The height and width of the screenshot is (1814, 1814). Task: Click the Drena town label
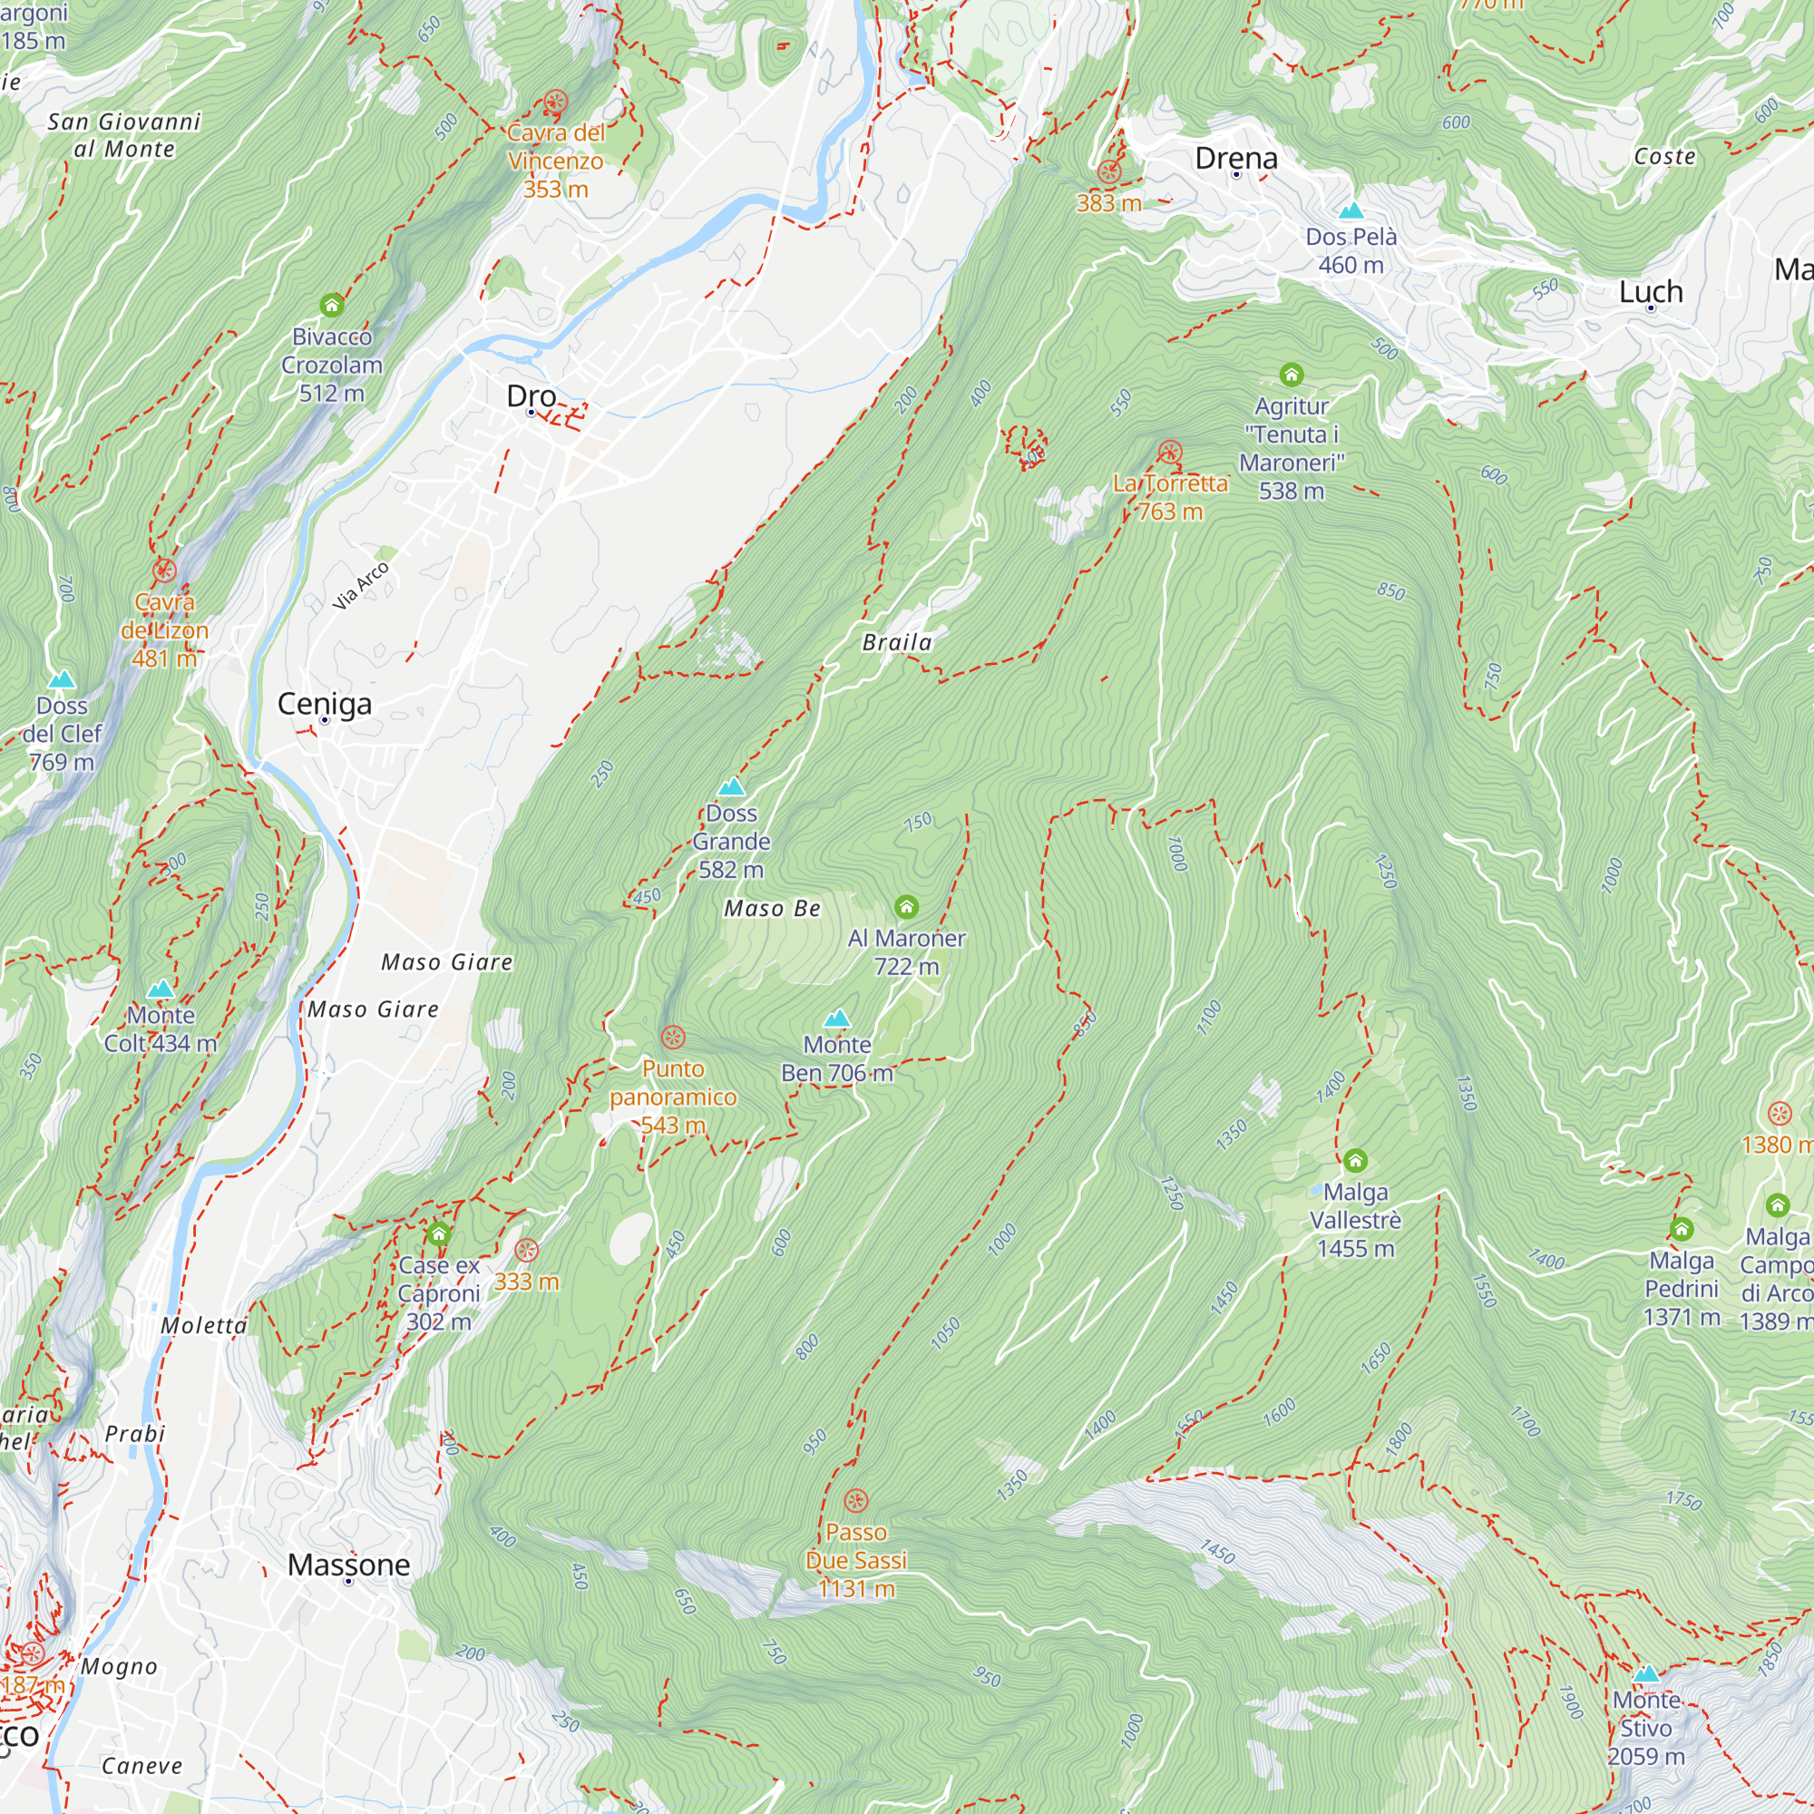1235,159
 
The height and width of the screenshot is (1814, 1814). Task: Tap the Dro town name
532,396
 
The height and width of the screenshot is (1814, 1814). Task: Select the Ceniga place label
325,704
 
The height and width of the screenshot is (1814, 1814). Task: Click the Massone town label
348,1565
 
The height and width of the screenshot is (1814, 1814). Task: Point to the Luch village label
1651,292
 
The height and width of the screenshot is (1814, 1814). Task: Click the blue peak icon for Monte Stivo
1646,1674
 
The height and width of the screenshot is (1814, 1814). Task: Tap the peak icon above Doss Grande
731,786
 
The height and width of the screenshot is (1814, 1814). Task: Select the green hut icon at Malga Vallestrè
1355,1162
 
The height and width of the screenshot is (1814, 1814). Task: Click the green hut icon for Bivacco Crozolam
331,306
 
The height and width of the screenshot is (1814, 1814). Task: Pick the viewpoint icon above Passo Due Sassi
855,1500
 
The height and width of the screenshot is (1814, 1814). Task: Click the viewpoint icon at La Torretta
1169,453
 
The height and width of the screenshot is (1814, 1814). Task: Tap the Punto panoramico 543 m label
672,1097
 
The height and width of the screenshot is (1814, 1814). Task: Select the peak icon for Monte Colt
161,989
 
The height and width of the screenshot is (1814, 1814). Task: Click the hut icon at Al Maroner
906,907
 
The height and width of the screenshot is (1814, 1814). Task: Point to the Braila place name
897,643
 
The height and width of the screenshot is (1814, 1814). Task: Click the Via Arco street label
361,586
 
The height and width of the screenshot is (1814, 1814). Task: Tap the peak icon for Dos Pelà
1351,210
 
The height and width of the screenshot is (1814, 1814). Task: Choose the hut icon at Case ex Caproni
438,1234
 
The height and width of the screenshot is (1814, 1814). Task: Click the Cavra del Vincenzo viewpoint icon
556,102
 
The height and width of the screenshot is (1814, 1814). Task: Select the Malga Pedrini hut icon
1682,1229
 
